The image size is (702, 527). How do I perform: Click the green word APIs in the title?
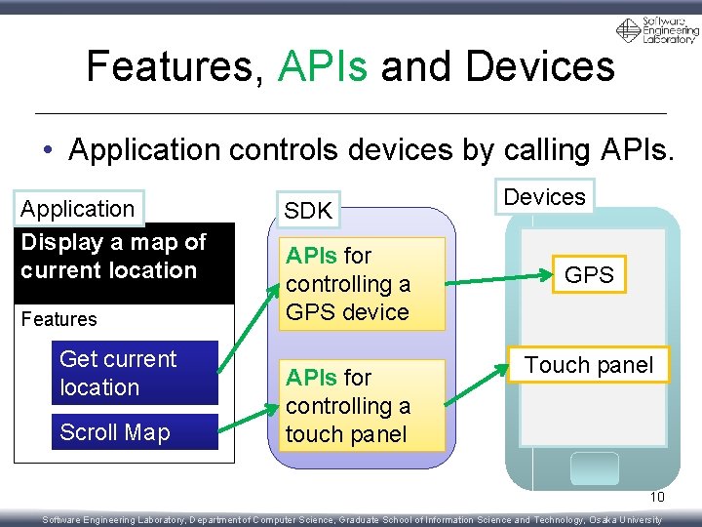pos(323,66)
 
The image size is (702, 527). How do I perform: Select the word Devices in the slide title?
pos(540,66)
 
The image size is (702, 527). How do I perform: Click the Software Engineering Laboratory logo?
pos(658,30)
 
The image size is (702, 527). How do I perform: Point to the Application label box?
pos(78,209)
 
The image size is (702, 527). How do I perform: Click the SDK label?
pos(308,210)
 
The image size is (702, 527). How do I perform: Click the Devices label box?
pos(544,197)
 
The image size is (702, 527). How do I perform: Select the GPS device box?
pos(589,275)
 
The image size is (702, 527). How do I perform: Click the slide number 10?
pos(657,497)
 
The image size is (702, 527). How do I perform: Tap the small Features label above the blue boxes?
pos(59,319)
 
